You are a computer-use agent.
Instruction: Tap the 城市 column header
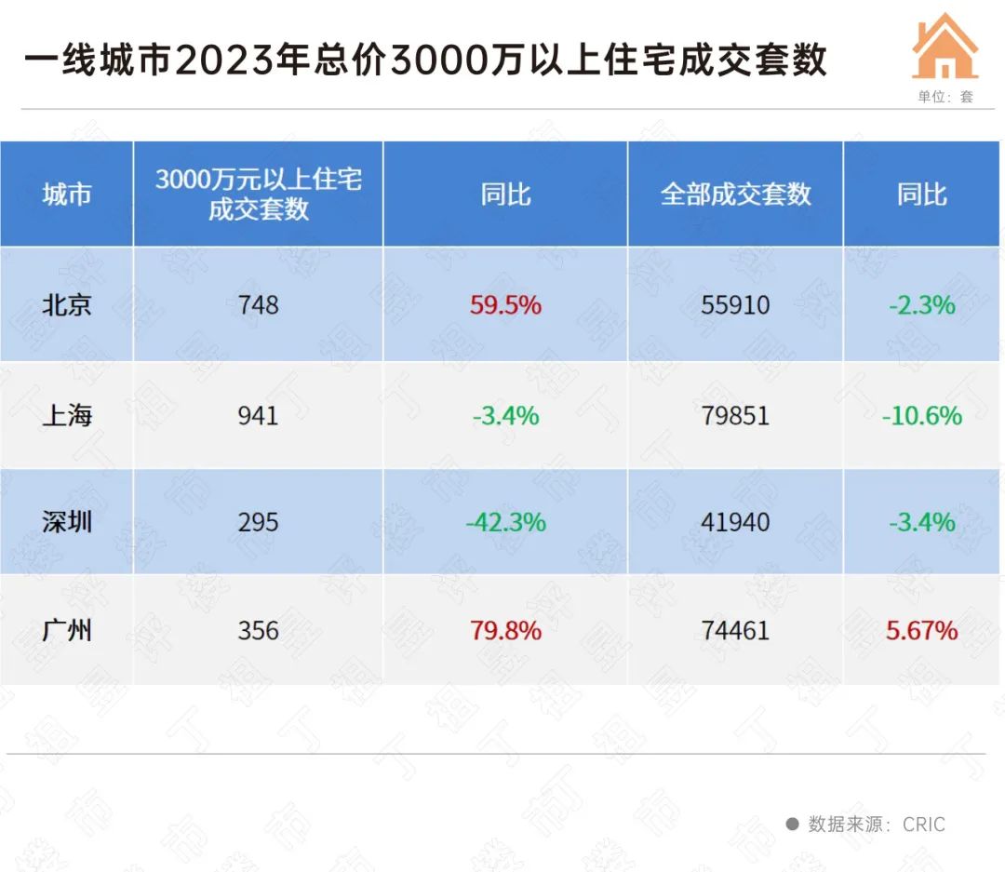coord(67,195)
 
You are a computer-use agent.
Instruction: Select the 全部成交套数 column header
coord(735,195)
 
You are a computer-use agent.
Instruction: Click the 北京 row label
coord(67,304)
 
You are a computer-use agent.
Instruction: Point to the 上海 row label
coord(67,414)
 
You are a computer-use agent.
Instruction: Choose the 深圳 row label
coord(67,522)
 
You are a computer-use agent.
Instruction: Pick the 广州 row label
coord(67,630)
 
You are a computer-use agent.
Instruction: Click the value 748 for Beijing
coord(258,304)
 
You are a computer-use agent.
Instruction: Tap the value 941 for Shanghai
coord(258,414)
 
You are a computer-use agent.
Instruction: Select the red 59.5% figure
coord(505,304)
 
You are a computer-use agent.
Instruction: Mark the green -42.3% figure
coord(505,522)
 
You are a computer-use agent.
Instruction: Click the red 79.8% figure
coord(505,630)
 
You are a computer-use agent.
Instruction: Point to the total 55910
coord(735,304)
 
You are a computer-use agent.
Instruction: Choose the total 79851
coord(735,414)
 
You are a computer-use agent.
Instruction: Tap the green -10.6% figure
coord(921,414)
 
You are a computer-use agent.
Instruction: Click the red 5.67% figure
coord(921,630)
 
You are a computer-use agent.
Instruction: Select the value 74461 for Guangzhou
coord(735,630)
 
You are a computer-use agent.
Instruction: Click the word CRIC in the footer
coord(923,825)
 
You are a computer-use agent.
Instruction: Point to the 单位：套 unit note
coord(945,96)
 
